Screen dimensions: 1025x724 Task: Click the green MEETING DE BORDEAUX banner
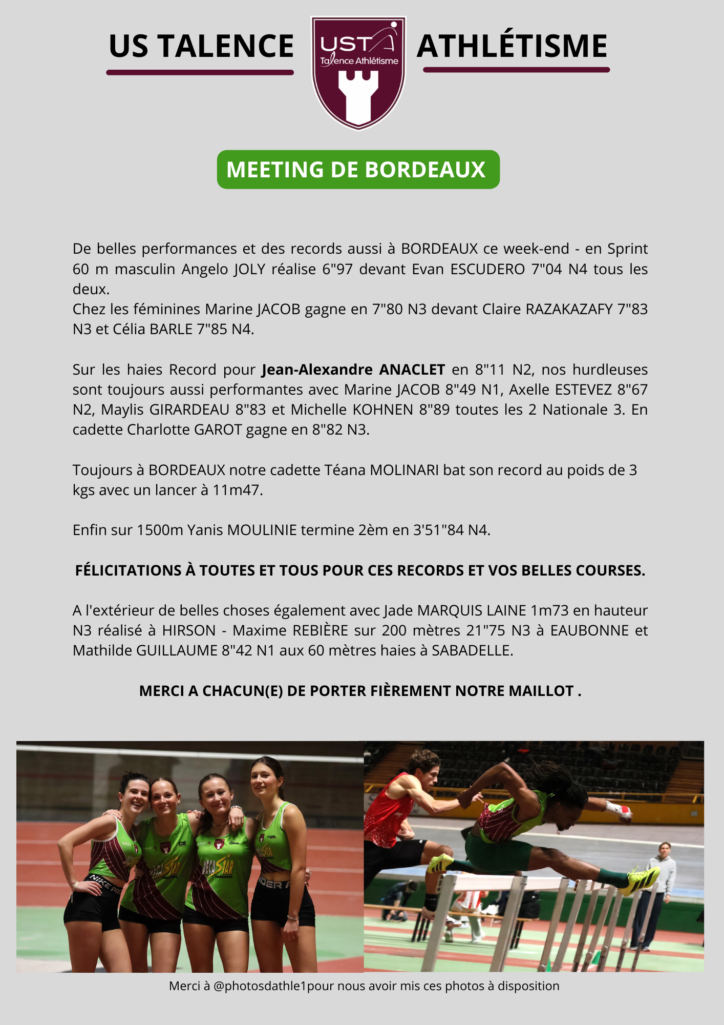coord(358,170)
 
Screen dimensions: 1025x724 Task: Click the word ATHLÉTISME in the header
coord(512,46)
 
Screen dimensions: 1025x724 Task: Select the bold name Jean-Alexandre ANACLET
coord(353,370)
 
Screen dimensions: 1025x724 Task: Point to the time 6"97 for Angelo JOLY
coord(337,269)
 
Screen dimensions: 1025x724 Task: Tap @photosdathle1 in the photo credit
coord(260,986)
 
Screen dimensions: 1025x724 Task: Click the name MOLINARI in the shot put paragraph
coord(404,470)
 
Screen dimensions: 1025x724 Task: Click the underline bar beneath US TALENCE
coord(200,72)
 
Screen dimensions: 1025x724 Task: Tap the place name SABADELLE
coord(472,650)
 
